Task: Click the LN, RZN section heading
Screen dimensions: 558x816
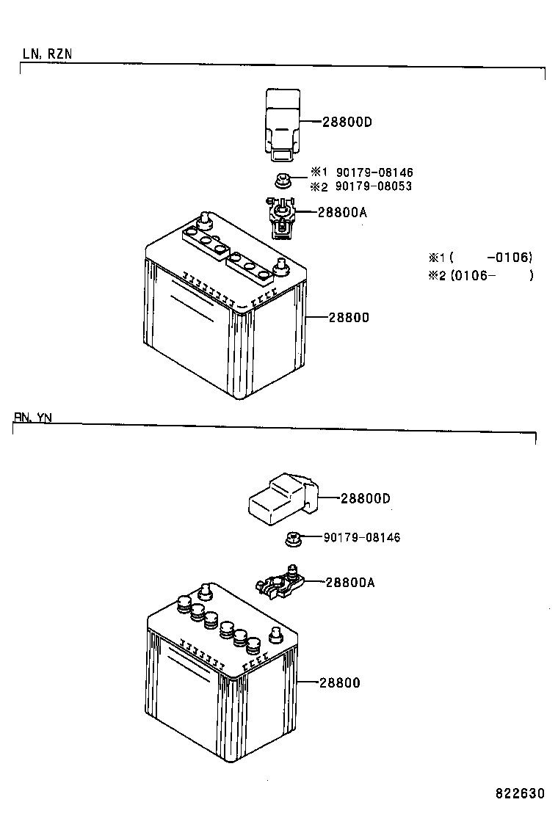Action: (47, 54)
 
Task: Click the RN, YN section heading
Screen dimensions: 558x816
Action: (33, 418)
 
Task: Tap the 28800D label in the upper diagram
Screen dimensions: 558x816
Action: (347, 122)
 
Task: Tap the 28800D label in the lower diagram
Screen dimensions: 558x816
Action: (366, 498)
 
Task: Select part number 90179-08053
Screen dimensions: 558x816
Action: (373, 186)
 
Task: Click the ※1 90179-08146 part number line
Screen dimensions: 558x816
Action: (362, 172)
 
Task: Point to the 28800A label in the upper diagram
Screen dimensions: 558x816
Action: (342, 212)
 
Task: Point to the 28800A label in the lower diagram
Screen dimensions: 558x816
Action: (350, 583)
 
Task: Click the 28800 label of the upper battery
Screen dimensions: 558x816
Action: (349, 318)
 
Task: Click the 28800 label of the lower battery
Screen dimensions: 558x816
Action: (339, 682)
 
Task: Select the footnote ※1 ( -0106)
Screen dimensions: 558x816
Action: (480, 257)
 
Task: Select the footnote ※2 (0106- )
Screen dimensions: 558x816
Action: (481, 275)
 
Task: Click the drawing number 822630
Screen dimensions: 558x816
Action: (520, 794)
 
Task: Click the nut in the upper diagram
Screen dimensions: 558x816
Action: (283, 181)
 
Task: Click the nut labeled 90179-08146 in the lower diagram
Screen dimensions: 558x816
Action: (294, 539)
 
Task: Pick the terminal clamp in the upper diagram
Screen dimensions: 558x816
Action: (281, 217)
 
